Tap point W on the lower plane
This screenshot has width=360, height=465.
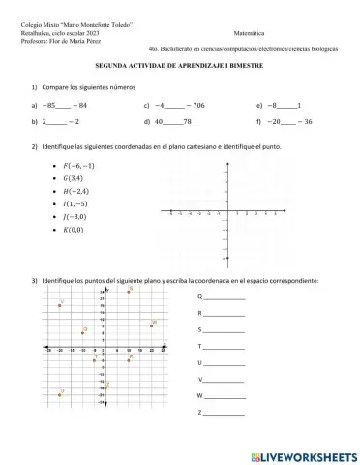pyautogui.click(x=151, y=326)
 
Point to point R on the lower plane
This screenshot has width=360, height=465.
pyautogui.click(x=128, y=359)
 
